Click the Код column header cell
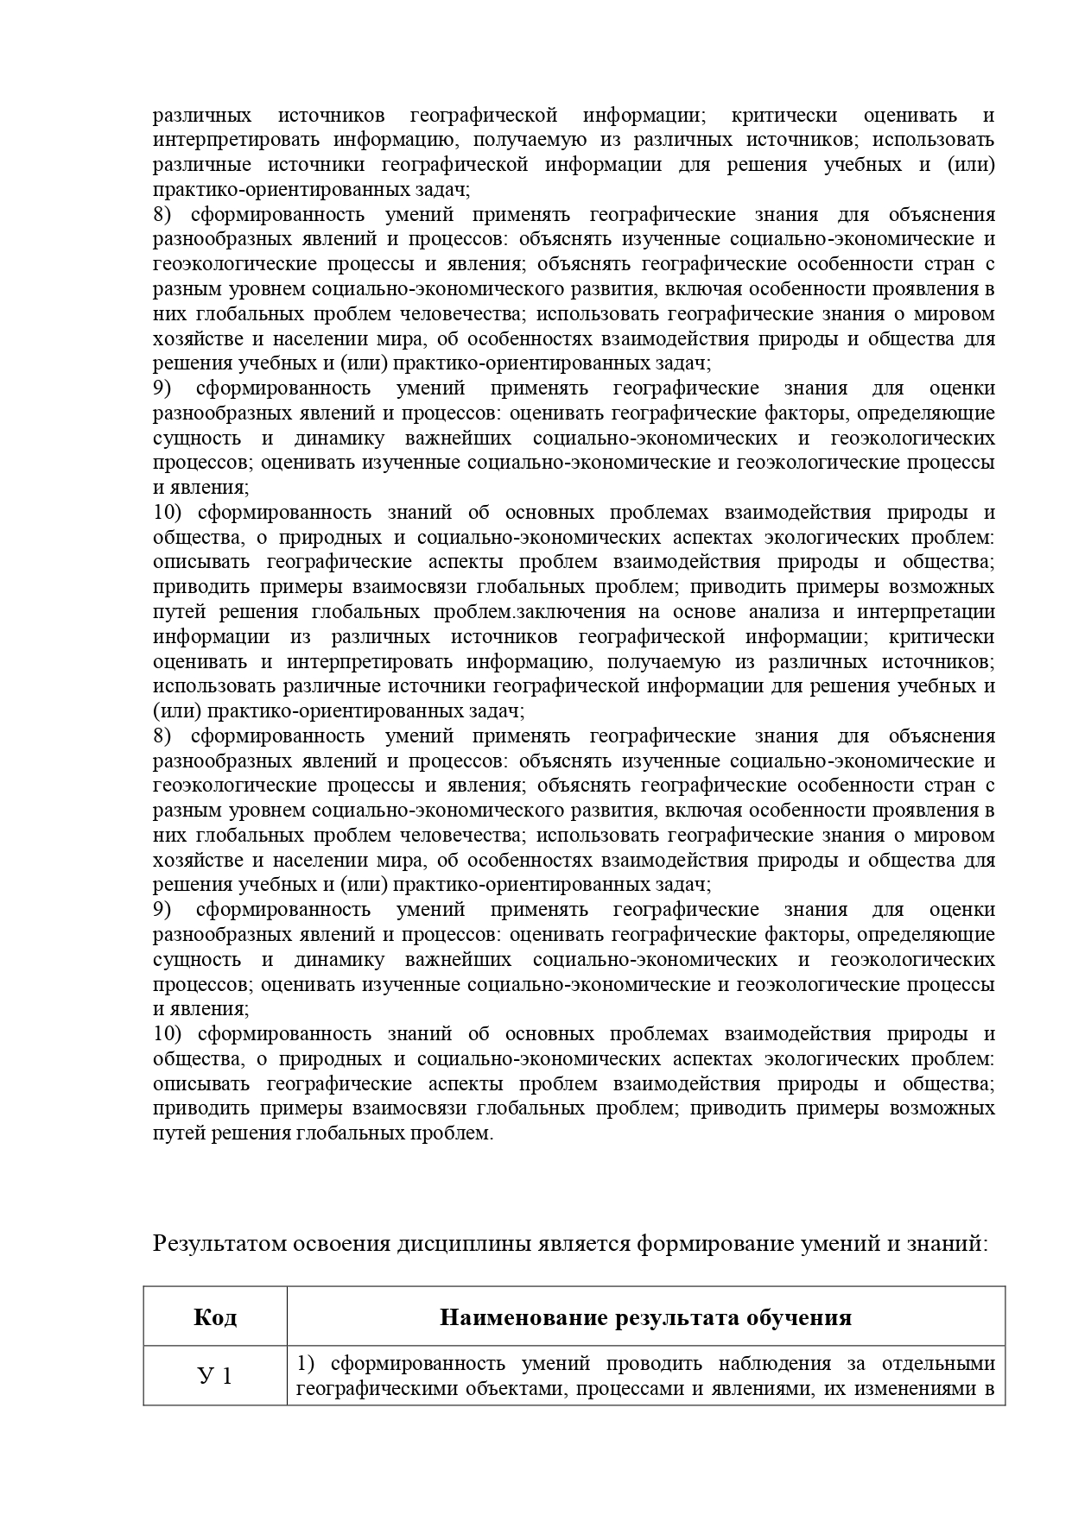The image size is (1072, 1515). click(215, 1316)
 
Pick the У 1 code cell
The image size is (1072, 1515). click(215, 1376)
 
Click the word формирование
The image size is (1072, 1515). click(700, 1244)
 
